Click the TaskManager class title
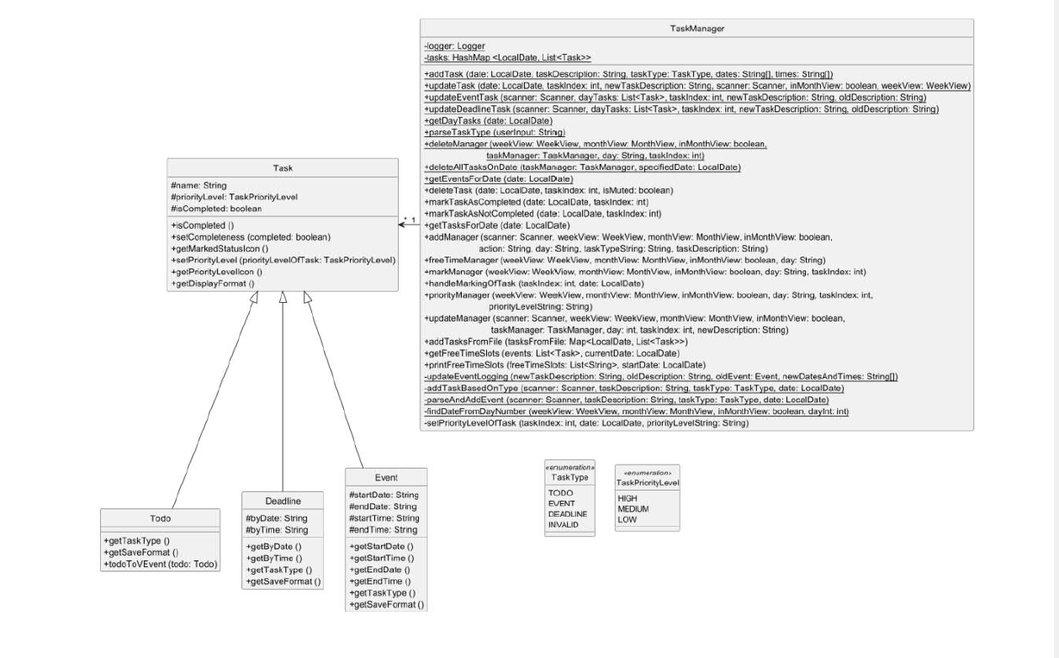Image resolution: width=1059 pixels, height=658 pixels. (696, 29)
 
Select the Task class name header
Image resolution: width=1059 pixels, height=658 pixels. (283, 167)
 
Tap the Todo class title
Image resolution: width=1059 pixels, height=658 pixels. (160, 517)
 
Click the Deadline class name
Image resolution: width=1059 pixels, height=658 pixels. (283, 500)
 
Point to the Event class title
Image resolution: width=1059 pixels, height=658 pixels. (386, 477)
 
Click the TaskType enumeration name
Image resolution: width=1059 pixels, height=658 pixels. (569, 477)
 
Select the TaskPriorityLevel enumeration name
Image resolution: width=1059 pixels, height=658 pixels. (647, 483)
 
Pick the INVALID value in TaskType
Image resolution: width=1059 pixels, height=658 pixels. (564, 524)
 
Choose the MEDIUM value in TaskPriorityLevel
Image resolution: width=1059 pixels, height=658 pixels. (633, 509)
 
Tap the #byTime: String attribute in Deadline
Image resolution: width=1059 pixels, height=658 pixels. (277, 530)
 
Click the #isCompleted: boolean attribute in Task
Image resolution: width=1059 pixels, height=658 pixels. (216, 208)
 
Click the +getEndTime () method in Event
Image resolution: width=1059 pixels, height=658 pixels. (379, 581)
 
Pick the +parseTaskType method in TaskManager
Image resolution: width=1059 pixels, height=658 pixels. (494, 133)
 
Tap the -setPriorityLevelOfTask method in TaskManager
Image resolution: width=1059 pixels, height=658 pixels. (585, 423)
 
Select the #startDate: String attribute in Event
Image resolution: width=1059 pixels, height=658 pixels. (383, 495)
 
